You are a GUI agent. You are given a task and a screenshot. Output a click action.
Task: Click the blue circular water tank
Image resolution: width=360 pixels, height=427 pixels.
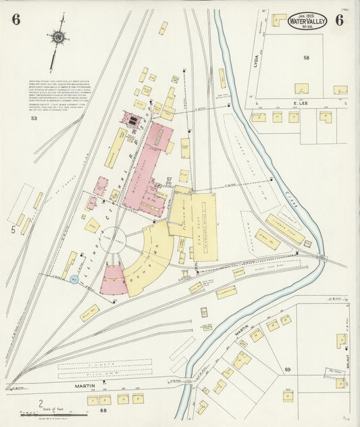(74, 279)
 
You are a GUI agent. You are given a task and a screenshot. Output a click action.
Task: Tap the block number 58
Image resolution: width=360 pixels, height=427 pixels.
(306, 59)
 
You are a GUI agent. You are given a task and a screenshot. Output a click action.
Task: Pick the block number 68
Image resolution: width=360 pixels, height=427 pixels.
(103, 410)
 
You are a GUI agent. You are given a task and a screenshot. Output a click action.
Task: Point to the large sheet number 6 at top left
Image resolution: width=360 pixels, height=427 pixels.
(16, 19)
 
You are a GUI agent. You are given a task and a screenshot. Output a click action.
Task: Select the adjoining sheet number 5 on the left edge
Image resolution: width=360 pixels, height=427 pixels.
(12, 230)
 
